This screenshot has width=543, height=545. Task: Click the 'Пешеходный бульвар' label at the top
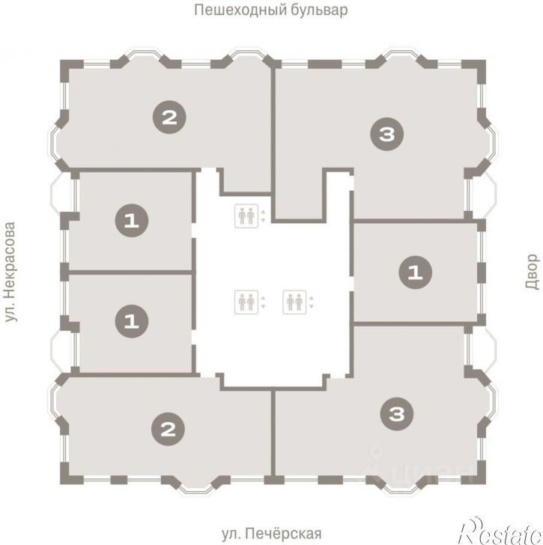point(271,10)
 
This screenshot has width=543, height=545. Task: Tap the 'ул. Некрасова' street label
point(10,272)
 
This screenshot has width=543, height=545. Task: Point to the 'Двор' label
point(532,272)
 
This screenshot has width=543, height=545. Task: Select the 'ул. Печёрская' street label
point(271,533)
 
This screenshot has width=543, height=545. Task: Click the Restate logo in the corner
point(500,531)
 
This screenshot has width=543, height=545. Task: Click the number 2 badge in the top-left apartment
point(170,117)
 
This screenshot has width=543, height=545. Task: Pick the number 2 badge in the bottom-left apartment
point(169,429)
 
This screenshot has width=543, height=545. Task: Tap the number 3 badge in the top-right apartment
point(387,134)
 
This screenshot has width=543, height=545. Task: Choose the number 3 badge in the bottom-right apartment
point(397,413)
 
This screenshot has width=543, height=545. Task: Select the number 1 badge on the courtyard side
point(416,272)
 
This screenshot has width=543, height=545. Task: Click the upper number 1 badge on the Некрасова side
point(132,221)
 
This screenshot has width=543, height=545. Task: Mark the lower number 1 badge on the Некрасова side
point(132,321)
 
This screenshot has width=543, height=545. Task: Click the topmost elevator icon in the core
point(246,216)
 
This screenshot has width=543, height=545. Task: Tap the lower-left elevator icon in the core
point(246,302)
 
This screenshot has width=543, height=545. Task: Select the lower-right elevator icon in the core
point(295,302)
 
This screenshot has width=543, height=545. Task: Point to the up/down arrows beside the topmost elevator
point(263,216)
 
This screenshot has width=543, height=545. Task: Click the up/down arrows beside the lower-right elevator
point(312,302)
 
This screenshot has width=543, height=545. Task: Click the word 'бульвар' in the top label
point(319,10)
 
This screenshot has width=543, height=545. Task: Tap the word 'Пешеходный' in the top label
point(240,10)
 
